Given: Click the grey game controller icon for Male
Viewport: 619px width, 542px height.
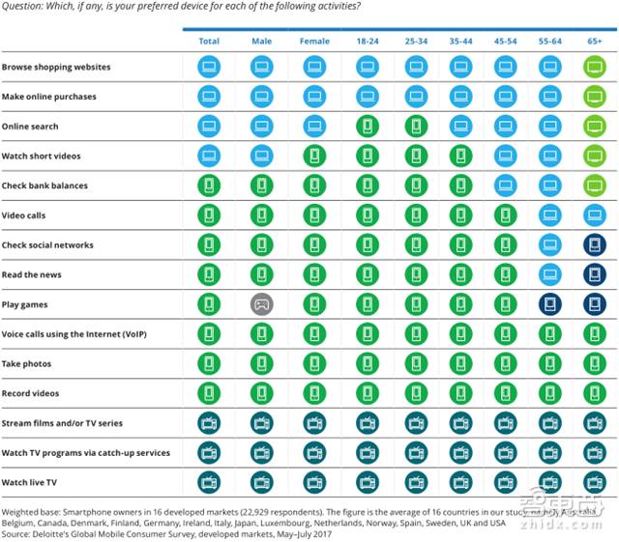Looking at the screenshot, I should (x=261, y=304).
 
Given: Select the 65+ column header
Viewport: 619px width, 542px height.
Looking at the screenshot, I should (x=594, y=42).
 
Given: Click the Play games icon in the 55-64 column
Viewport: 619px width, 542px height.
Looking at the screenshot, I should (x=550, y=304).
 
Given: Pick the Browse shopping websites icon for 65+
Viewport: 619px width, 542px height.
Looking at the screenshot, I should (x=594, y=68).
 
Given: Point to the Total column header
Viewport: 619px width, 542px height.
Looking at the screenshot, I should (x=209, y=42).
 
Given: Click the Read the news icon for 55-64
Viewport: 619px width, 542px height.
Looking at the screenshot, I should (x=550, y=275).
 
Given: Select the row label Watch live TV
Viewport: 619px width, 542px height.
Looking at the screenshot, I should (x=29, y=482).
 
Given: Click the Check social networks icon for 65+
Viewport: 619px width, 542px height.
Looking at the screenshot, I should (x=594, y=245).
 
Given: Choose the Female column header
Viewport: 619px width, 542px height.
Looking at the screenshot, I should (x=314, y=42).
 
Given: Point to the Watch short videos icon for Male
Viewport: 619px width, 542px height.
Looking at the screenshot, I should (x=261, y=157).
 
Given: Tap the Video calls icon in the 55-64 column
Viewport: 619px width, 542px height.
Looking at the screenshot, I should (x=550, y=215).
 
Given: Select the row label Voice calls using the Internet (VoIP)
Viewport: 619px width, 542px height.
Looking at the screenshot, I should (x=74, y=334).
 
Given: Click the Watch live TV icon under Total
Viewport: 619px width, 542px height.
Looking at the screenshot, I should (x=209, y=482).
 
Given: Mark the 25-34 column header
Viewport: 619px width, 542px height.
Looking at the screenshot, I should (x=417, y=42).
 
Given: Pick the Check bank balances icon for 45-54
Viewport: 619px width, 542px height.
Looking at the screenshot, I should (x=506, y=185).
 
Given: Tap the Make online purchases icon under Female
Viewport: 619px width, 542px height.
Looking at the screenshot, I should (x=314, y=97).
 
